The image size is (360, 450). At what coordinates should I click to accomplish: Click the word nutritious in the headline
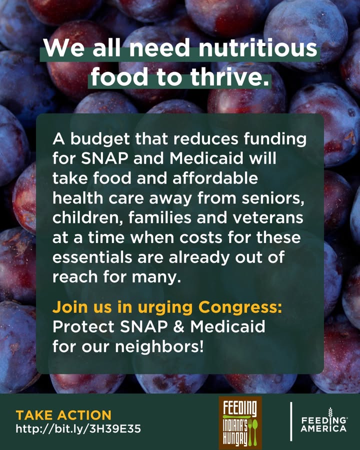[258, 48]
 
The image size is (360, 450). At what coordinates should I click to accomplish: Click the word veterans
[267, 218]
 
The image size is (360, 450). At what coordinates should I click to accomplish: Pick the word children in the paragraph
[88, 218]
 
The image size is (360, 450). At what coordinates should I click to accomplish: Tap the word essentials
[92, 257]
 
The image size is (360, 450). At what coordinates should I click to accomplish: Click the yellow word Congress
[240, 307]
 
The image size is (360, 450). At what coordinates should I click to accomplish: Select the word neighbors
[159, 346]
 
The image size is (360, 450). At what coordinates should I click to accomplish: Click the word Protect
[83, 326]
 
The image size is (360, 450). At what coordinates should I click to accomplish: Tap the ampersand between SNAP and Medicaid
[178, 326]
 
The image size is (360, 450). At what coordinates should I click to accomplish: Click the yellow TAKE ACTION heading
[63, 415]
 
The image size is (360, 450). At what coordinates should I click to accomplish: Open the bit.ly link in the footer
[78, 429]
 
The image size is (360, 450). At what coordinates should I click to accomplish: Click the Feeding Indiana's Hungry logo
[240, 422]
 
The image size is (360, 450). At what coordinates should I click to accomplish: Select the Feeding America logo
[324, 420]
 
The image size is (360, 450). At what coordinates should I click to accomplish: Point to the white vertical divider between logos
[291, 421]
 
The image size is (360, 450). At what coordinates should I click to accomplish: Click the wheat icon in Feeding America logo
[330, 413]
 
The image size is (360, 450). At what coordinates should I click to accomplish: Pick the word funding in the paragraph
[275, 139]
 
